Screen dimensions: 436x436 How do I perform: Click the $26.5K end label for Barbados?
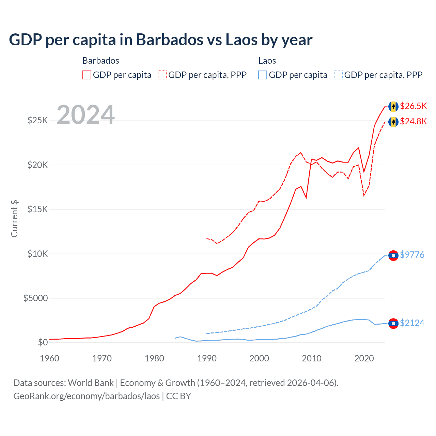pos(413,106)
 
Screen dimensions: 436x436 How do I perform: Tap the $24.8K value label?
pos(413,121)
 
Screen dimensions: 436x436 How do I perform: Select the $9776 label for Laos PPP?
pos(412,255)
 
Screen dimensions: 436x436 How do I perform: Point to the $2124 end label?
pos(412,323)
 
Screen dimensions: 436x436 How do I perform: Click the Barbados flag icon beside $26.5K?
pos(393,107)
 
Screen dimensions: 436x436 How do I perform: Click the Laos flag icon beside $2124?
pos(393,324)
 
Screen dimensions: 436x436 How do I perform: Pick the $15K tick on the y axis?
pos(37,209)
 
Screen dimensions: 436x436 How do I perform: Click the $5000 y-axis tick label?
pos(35,298)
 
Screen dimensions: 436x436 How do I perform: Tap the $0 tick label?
pos(43,342)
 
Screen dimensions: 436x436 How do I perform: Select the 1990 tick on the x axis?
pos(207,358)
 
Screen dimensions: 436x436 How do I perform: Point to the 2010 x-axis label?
pos(312,358)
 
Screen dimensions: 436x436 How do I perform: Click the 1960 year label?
pos(50,358)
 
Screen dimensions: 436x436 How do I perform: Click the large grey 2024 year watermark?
pos(85,115)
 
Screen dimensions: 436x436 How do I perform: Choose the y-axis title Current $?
pos(14,218)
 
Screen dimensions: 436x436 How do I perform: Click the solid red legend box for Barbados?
pos(87,75)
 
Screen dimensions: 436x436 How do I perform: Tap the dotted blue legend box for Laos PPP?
pos(338,75)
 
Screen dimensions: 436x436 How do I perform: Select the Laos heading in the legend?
pos(267,61)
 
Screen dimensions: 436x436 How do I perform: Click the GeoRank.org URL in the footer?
pos(87,396)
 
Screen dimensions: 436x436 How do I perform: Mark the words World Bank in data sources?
pos(91,383)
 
